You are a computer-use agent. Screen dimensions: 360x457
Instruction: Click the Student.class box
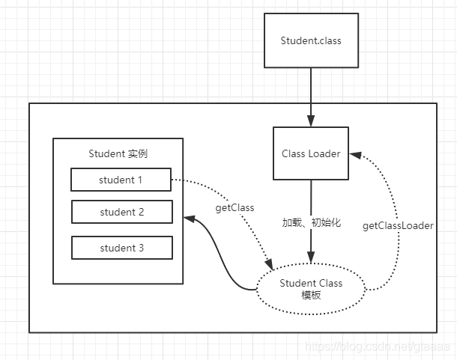[310, 41]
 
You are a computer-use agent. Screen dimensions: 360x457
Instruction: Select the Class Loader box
[310, 153]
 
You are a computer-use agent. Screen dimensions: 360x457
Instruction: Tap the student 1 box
[121, 180]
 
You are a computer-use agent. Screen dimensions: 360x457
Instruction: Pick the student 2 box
[121, 212]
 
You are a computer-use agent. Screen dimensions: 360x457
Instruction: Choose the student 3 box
[121, 248]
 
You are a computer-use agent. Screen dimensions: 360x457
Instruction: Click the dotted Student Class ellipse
[310, 288]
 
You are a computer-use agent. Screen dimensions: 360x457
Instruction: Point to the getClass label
[234, 207]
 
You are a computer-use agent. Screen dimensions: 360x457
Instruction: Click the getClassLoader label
[397, 225]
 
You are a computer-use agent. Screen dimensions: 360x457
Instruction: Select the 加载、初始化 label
[311, 222]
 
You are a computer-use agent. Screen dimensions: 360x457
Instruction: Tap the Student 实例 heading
[118, 154]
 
